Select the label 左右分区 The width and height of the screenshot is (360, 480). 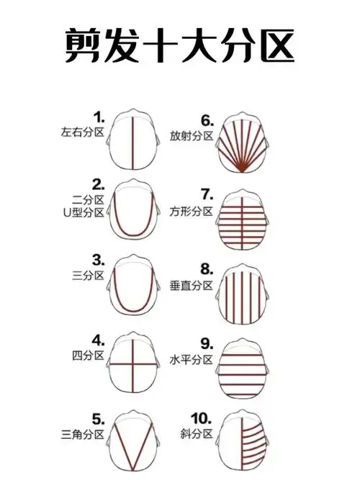[x=84, y=132]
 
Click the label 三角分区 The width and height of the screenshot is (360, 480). [x=84, y=434]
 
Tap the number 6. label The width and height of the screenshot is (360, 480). [x=208, y=119]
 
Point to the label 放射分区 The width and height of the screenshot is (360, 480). [x=192, y=135]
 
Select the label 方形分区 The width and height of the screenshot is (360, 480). [x=192, y=211]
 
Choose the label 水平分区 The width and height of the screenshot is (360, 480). [x=192, y=359]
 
